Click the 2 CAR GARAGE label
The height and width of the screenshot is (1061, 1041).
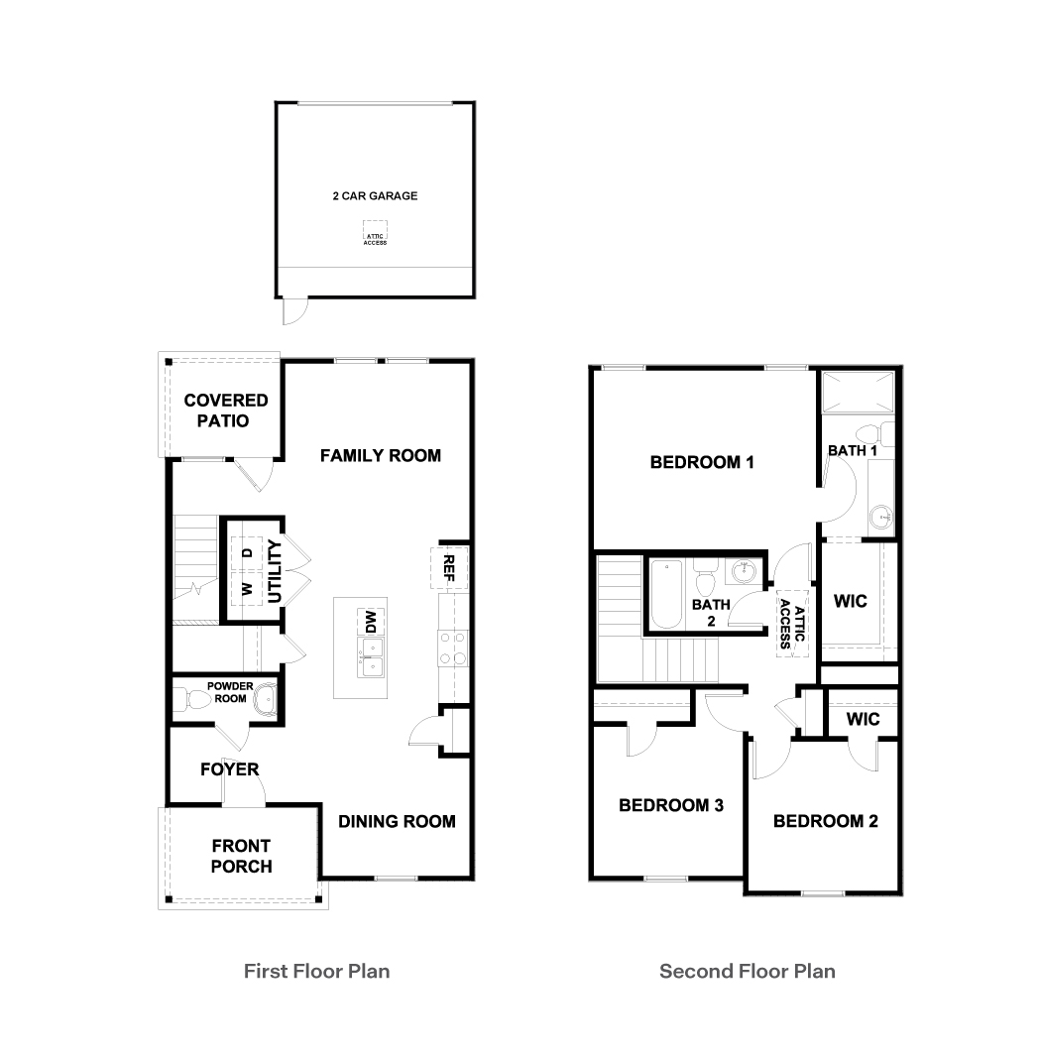(375, 196)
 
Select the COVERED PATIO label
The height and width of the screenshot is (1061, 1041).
(225, 411)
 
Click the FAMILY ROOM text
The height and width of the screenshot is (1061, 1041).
(380, 456)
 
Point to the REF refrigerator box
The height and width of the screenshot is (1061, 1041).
(449, 567)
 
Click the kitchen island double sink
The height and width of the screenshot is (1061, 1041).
(372, 649)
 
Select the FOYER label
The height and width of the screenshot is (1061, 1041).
(229, 769)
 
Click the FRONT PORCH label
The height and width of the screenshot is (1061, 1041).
(241, 856)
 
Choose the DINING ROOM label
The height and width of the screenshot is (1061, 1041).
(397, 821)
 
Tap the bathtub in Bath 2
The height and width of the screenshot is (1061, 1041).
(664, 595)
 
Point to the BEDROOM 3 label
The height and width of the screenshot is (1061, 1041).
(670, 805)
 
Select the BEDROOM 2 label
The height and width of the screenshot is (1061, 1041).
(825, 821)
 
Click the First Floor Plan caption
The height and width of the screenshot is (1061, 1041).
(316, 971)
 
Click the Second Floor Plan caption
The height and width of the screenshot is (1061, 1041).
(747, 971)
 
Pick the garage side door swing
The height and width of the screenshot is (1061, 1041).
(292, 312)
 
